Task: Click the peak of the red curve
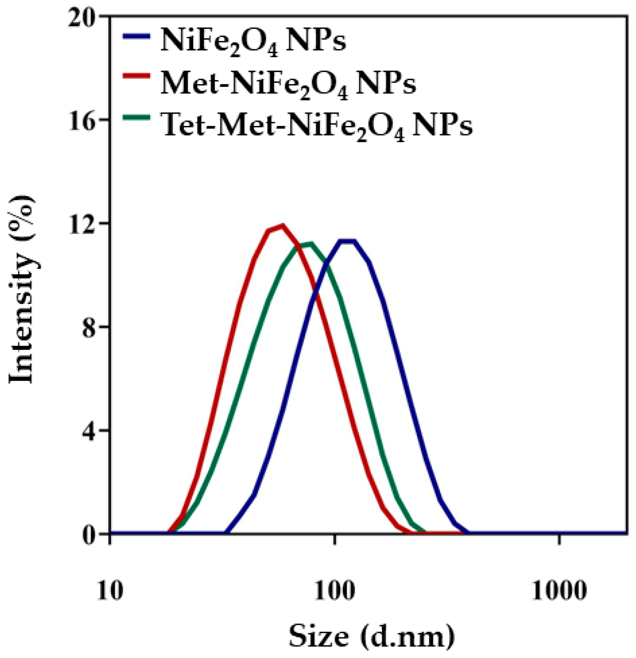[282, 226]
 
